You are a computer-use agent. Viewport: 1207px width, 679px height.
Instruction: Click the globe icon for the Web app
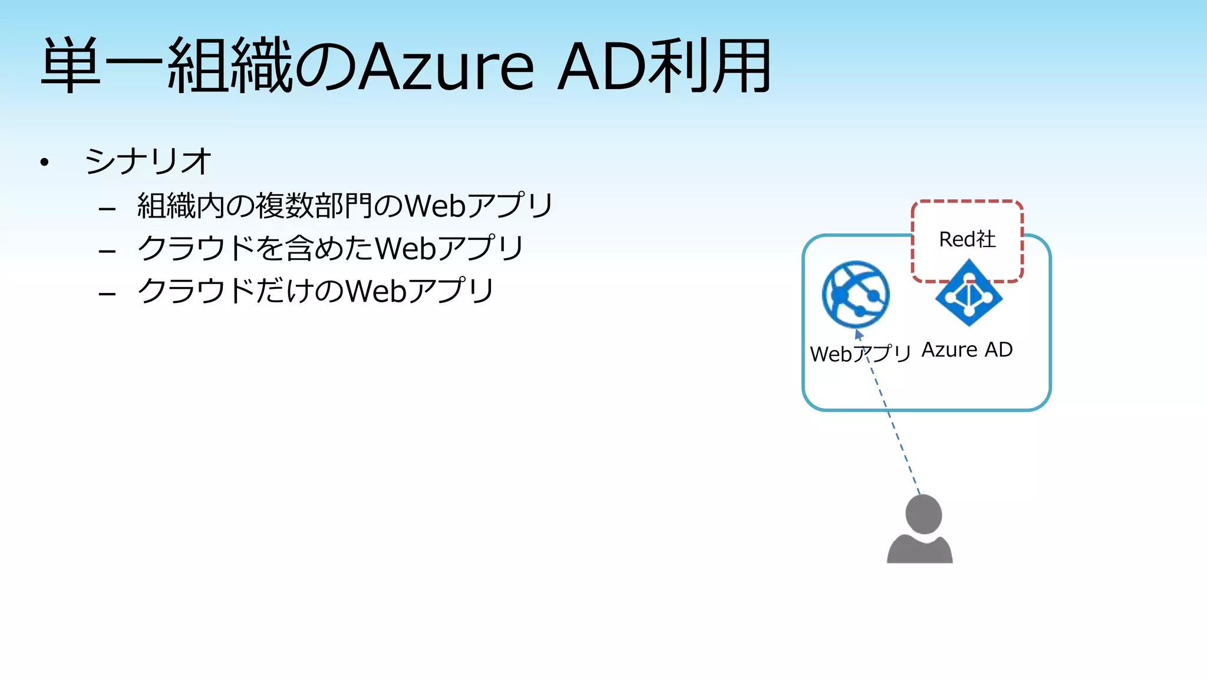tap(856, 294)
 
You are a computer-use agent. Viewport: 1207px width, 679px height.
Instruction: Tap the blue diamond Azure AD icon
tap(969, 294)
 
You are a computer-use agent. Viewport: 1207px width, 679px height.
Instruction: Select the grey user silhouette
tap(920, 530)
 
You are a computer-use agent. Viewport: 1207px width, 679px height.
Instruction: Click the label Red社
tap(967, 239)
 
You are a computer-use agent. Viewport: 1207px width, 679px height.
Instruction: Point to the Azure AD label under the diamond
tap(967, 350)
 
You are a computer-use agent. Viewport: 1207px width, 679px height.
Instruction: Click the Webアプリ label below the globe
tap(860, 354)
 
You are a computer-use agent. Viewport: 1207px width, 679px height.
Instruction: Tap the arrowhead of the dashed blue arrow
tap(858, 334)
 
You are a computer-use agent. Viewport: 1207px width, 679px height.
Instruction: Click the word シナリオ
tap(148, 161)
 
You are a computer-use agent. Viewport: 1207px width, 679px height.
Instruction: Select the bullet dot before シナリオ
tap(44, 162)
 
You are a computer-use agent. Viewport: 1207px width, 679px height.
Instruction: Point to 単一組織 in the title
tap(166, 66)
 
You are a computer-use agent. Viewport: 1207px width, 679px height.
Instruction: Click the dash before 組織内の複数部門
tap(107, 209)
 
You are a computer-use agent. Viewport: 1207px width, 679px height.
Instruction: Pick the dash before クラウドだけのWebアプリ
tap(107, 294)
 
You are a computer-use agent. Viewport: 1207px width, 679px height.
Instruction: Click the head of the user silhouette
tap(924, 514)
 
